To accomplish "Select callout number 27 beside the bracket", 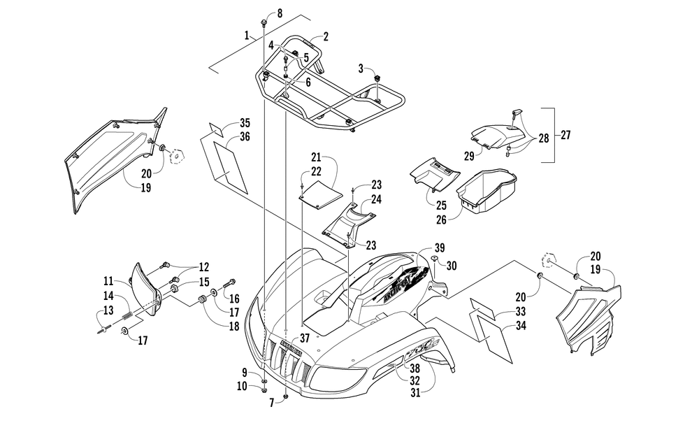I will click(x=565, y=136).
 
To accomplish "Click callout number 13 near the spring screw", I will click(x=108, y=310).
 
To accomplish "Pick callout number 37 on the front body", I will click(x=304, y=338).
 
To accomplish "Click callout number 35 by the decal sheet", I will click(x=225, y=122).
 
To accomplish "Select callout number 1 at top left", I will click(x=247, y=34).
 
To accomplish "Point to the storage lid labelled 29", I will click(x=493, y=133).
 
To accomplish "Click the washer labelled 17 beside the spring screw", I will click(x=127, y=331).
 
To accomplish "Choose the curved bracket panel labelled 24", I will click(x=347, y=222).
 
